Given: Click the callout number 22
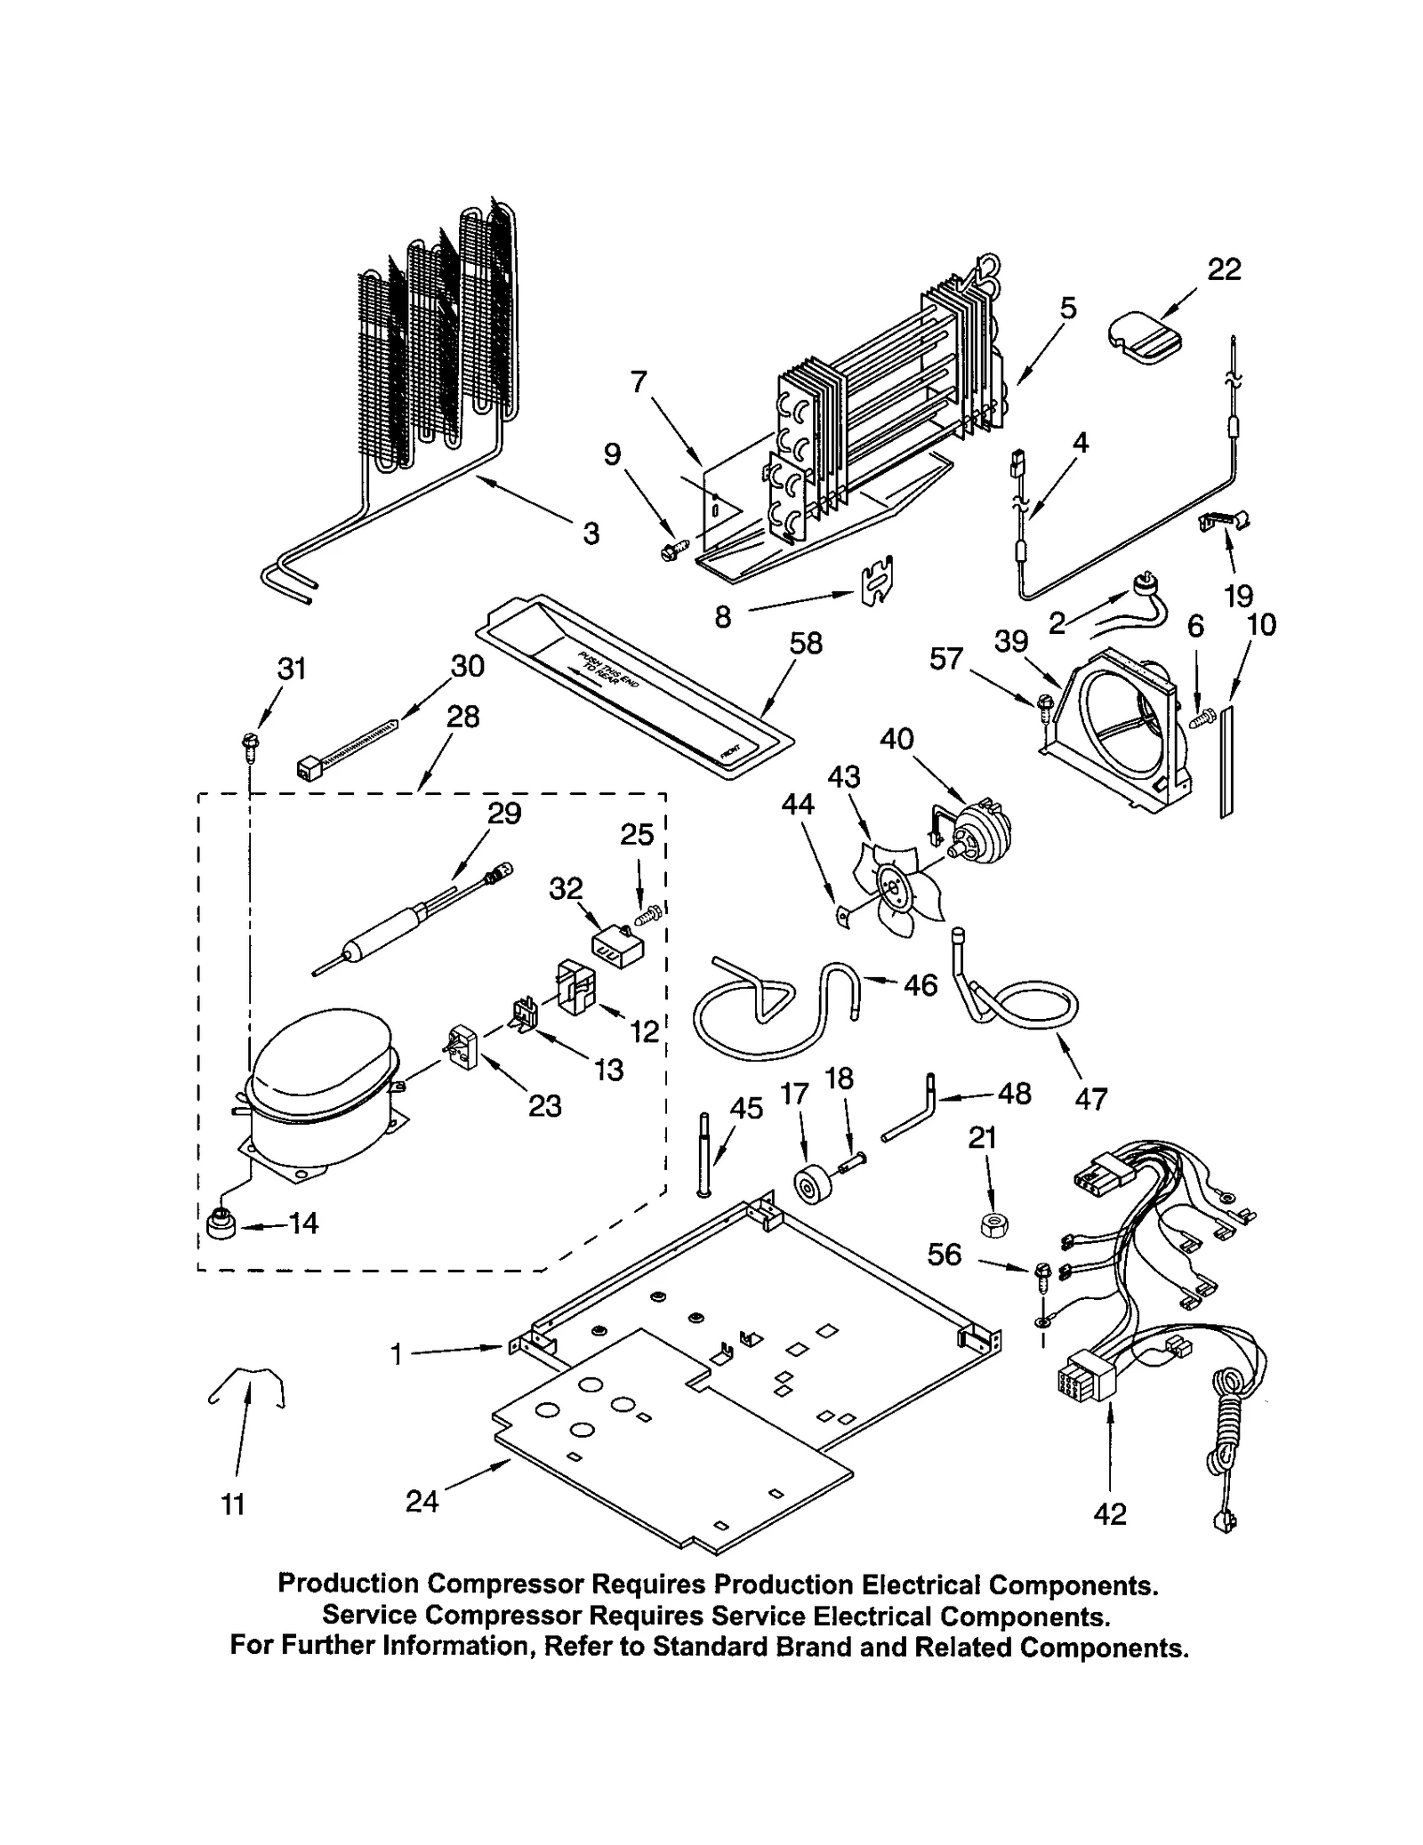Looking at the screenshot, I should [1223, 269].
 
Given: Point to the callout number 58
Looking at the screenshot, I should [806, 643].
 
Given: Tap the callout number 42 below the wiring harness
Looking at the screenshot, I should [1110, 1512].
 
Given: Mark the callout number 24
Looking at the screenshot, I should [422, 1501].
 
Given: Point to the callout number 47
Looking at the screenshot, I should [1090, 1099].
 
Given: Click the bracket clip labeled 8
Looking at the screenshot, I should [874, 582].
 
